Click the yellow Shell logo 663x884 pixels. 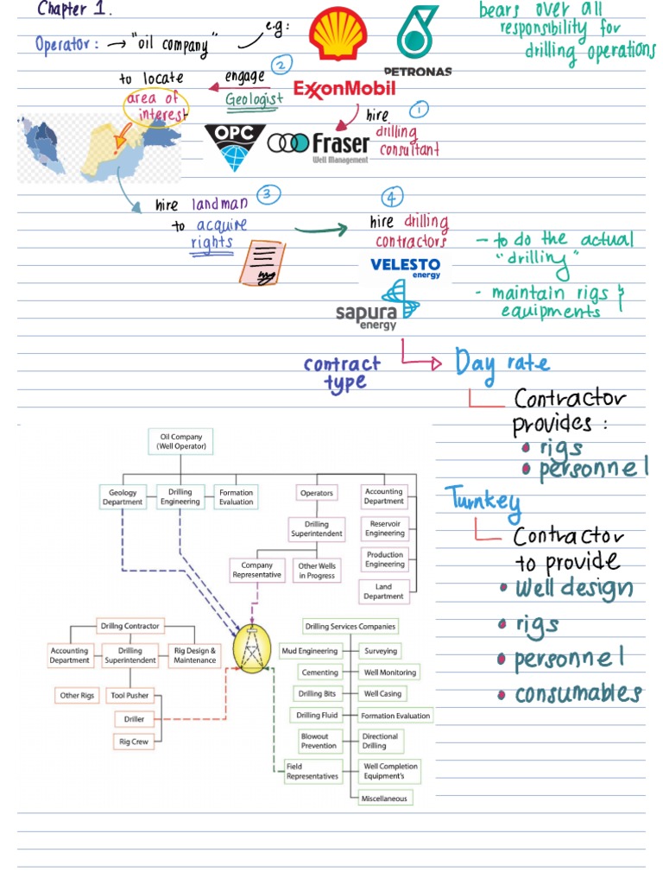(x=338, y=34)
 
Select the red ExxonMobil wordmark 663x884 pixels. (x=344, y=89)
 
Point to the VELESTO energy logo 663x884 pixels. (x=406, y=268)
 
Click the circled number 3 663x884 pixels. (x=268, y=194)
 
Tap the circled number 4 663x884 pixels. (x=392, y=197)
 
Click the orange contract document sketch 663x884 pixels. (x=262, y=262)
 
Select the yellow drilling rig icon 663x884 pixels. (x=252, y=649)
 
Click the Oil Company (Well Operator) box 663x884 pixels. (x=181, y=441)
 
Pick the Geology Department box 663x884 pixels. (x=123, y=497)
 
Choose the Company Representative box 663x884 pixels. (x=257, y=570)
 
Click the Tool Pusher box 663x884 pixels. (x=129, y=696)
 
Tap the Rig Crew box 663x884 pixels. (x=134, y=742)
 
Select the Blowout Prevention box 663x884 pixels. (x=319, y=741)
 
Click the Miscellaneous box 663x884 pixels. (x=384, y=799)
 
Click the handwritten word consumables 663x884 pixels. (x=578, y=693)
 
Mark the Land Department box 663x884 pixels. (x=383, y=591)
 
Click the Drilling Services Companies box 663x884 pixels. (x=350, y=627)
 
